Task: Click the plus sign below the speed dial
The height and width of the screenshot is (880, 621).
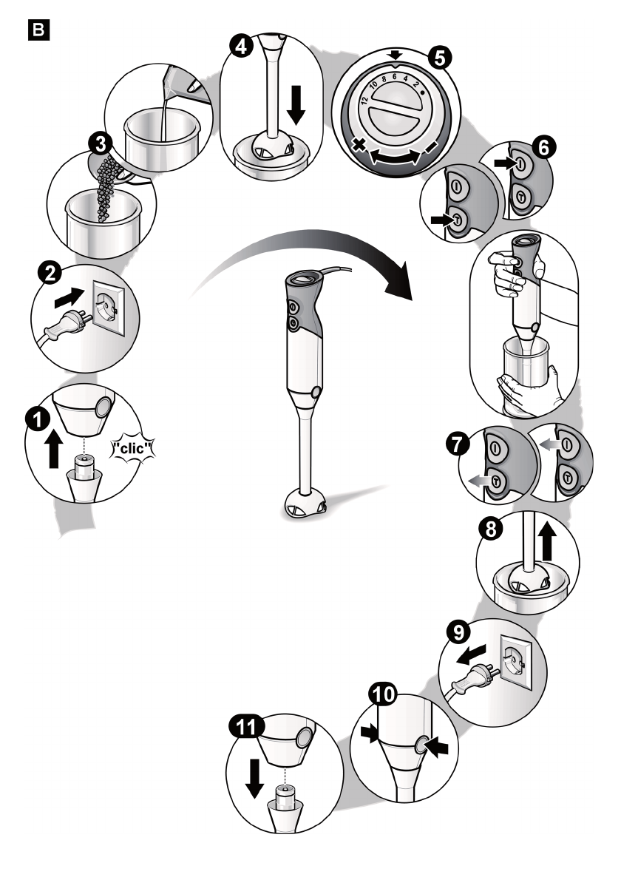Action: (360, 146)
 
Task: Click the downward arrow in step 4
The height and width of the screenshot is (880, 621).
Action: (296, 104)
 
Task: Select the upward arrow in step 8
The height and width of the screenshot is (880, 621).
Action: (549, 543)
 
